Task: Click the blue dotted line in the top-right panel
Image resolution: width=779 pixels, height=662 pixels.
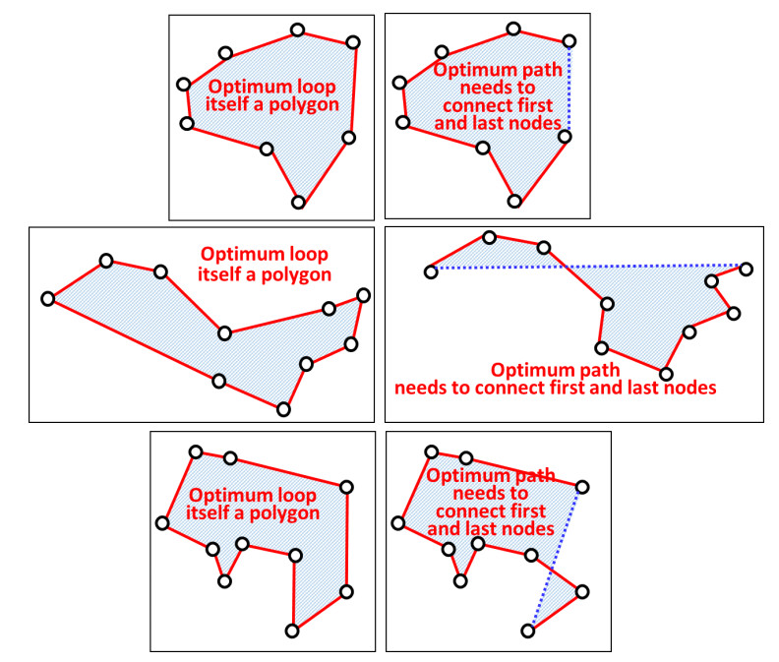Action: (x=569, y=89)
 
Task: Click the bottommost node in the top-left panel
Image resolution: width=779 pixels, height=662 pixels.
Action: (x=299, y=202)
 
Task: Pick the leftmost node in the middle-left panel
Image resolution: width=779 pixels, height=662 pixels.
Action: (x=47, y=298)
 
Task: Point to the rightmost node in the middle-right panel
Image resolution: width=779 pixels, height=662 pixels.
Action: (x=747, y=269)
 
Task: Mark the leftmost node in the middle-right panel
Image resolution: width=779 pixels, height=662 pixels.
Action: (x=430, y=271)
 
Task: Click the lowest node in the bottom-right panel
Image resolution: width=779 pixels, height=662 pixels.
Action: (x=528, y=631)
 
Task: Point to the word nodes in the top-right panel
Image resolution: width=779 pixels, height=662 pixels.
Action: (x=539, y=123)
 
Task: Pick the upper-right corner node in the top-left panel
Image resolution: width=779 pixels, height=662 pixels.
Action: (x=353, y=41)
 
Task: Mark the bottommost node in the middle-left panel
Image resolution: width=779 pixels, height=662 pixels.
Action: (x=283, y=409)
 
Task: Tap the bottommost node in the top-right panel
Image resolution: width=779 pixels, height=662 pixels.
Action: (x=514, y=201)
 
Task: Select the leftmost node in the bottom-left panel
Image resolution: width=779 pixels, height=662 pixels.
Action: (x=162, y=522)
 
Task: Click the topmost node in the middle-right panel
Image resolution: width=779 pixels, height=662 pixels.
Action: (x=489, y=236)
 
